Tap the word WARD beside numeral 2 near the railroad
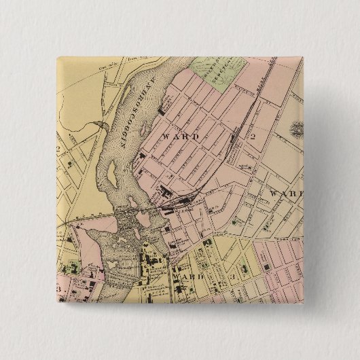coord(181,137)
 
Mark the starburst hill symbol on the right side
coord(298,127)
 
